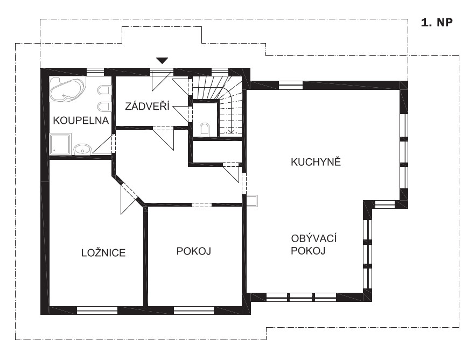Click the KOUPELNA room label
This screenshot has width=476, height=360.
coord(81,121)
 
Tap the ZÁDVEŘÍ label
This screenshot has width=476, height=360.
coord(147,106)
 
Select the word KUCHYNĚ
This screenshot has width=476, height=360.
coord(316,161)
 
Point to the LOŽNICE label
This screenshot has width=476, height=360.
coord(103,252)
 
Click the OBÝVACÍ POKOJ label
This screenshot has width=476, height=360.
coord(313,244)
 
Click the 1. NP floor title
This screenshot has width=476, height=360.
coord(437,23)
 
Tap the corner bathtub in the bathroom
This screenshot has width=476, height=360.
coord(68,89)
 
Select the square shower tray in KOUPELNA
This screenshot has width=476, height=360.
coord(60,144)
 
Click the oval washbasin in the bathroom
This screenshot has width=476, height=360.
coord(82,149)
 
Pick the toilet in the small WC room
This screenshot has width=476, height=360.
coord(205,129)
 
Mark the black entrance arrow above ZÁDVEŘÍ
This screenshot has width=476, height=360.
coord(162,60)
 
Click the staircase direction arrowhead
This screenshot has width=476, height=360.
coord(232,131)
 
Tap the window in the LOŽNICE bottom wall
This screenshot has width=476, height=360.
coord(97,310)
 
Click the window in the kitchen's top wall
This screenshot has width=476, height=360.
coord(291,85)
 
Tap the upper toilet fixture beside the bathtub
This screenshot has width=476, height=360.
coord(103,90)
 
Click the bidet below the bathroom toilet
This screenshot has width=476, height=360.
coord(103,107)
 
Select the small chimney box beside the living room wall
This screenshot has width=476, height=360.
coord(251,201)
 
